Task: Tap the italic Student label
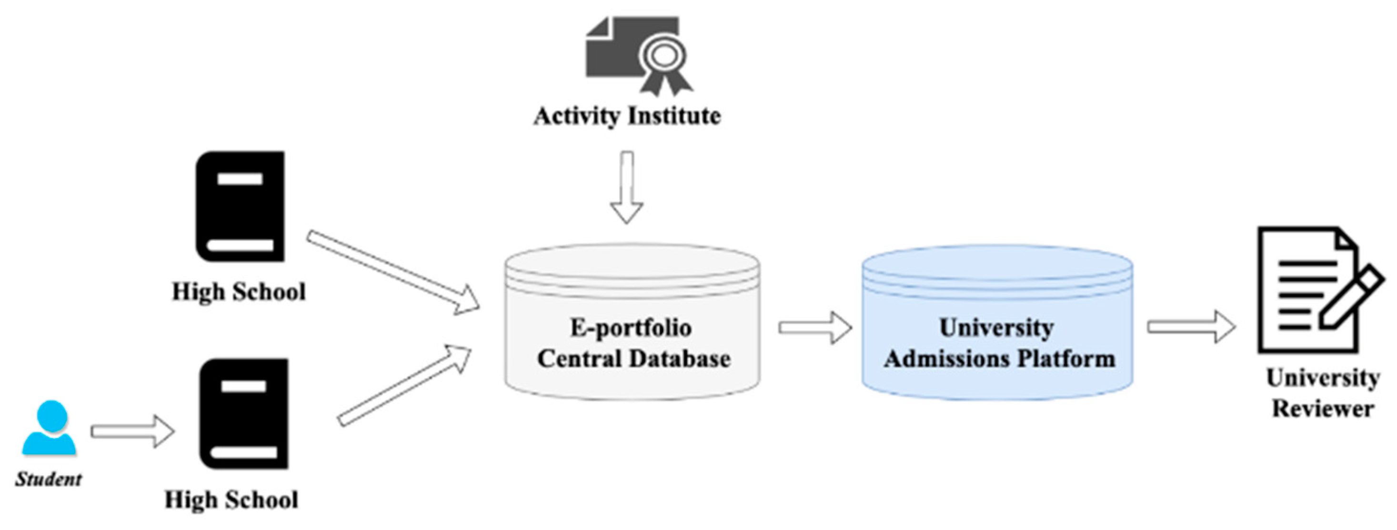[49, 479]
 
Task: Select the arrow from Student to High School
[132, 431]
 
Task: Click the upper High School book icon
[240, 207]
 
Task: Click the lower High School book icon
[244, 413]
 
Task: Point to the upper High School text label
[239, 291]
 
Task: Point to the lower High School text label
[231, 499]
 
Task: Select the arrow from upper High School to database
[393, 272]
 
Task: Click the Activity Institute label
[627, 115]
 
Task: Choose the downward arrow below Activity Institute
[627, 188]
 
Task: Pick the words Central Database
[633, 359]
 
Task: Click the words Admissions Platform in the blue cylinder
[999, 359]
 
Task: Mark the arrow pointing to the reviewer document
[1191, 327]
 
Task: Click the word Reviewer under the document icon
[1323, 409]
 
